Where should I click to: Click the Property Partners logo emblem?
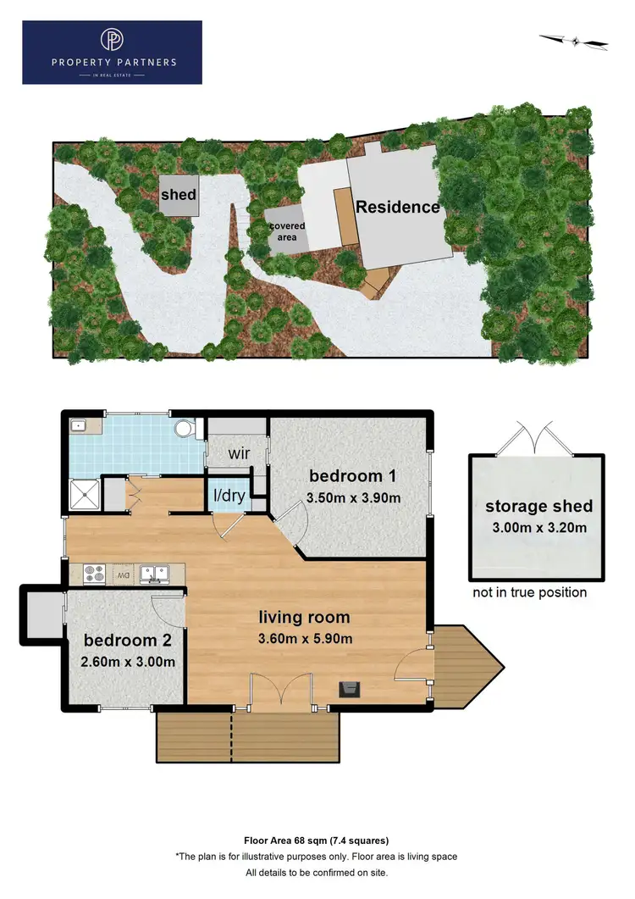click(x=112, y=41)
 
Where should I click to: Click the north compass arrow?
click(x=575, y=40)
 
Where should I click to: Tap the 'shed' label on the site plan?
click(x=179, y=195)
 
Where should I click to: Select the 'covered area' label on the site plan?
click(x=287, y=232)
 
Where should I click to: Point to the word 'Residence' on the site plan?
click(x=397, y=207)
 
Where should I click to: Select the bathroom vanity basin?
click(x=79, y=425)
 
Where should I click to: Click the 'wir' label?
click(x=238, y=453)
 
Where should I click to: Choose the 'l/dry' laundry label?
click(x=229, y=498)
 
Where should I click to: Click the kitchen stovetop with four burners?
click(x=93, y=574)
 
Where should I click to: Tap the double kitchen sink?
click(x=154, y=574)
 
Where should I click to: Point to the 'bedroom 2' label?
click(x=120, y=641)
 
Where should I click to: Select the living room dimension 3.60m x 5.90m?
click(x=305, y=639)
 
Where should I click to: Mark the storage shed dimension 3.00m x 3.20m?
click(x=538, y=528)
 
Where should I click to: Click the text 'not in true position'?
click(x=529, y=592)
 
